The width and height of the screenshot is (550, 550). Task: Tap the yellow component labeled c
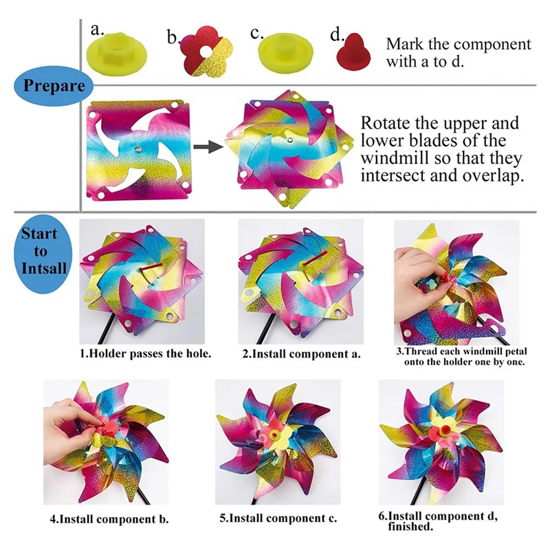point(285,54)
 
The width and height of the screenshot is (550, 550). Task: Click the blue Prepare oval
point(54,86)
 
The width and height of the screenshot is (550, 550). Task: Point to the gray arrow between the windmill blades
point(208,146)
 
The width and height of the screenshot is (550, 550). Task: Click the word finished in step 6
point(410,527)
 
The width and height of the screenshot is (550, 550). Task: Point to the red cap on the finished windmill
point(445,428)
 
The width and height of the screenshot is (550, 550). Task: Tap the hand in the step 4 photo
point(74,423)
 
